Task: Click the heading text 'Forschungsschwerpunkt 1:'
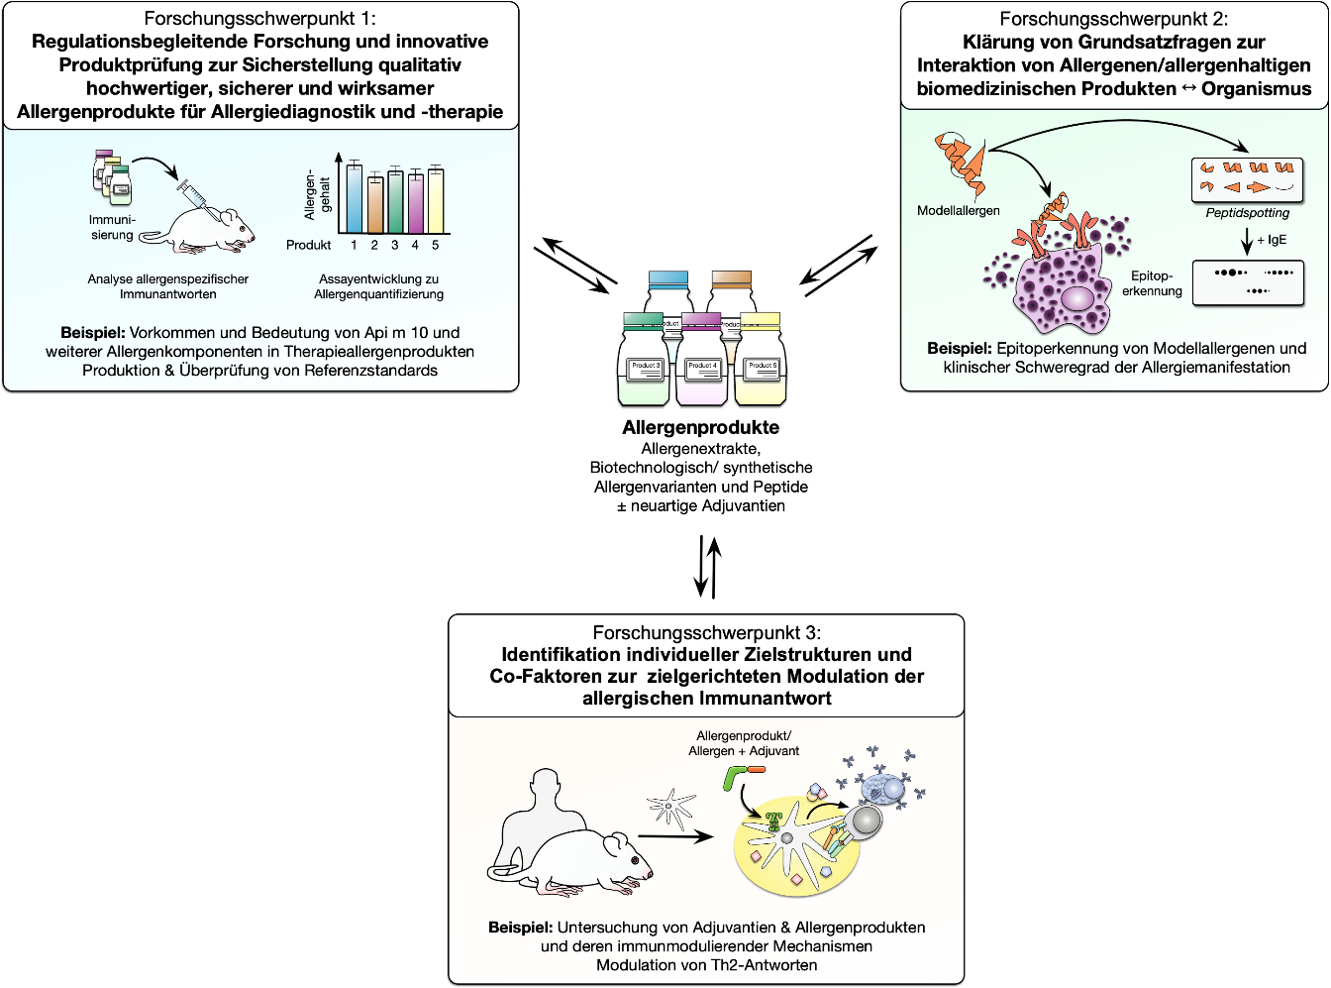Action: coord(259,18)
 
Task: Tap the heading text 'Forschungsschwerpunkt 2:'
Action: coord(1113,18)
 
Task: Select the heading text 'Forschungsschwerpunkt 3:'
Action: coord(706,632)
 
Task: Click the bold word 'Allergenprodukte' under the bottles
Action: coord(700,427)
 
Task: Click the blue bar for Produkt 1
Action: coord(354,198)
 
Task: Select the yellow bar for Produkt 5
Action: coord(435,201)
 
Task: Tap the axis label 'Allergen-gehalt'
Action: coord(317,194)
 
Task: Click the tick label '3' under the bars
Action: coord(394,245)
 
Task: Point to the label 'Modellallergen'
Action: coord(958,210)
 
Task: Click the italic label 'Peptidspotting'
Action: coord(1247,212)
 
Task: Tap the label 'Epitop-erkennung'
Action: coord(1152,283)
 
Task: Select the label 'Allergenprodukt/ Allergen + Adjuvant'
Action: coord(744,743)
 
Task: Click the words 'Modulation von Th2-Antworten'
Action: coord(706,965)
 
